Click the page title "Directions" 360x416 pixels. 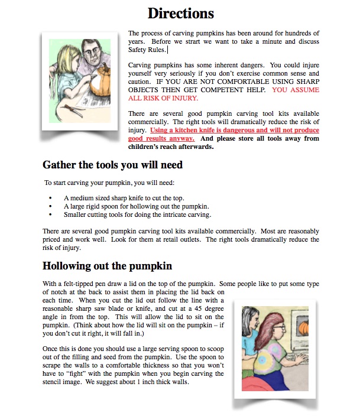tap(180, 13)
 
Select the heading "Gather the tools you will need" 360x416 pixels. tap(112, 165)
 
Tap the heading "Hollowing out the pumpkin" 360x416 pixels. tap(107, 266)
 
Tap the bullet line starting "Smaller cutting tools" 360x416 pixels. tap(137, 215)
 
